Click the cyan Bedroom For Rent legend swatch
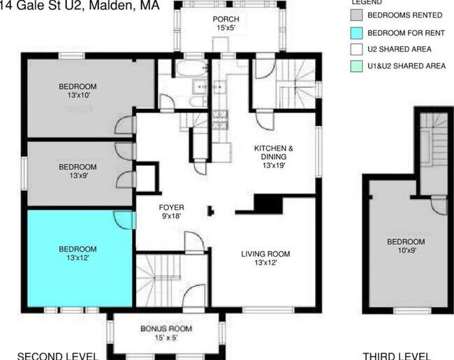(x=356, y=33)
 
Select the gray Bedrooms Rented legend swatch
(x=356, y=15)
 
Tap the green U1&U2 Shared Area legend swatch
(x=356, y=66)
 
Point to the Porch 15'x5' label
(x=226, y=24)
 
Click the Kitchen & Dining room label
(x=274, y=157)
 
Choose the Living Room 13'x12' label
(x=265, y=258)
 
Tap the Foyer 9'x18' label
(x=171, y=212)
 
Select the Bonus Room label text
(x=166, y=329)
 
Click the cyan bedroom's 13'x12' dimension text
(x=78, y=257)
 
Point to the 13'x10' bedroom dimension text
(x=78, y=95)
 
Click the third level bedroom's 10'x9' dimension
(x=407, y=250)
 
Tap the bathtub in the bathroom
(x=191, y=69)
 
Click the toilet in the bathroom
(x=198, y=101)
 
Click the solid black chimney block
(x=268, y=203)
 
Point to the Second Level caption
(x=58, y=356)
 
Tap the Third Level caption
(x=397, y=356)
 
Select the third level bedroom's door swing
(x=439, y=206)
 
